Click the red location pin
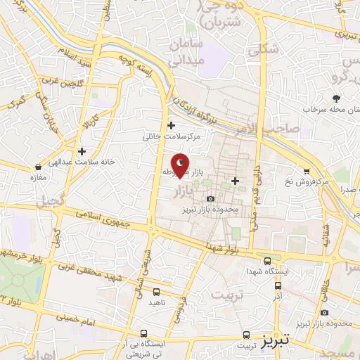point(180,165)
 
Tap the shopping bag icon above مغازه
point(38,167)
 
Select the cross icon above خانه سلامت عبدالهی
point(82,151)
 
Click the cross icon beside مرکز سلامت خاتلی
point(172,125)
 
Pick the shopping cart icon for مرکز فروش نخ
point(307,171)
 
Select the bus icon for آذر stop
point(278,286)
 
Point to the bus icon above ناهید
point(155,291)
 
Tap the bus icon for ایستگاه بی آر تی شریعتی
point(144,334)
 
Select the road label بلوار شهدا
point(224,248)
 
